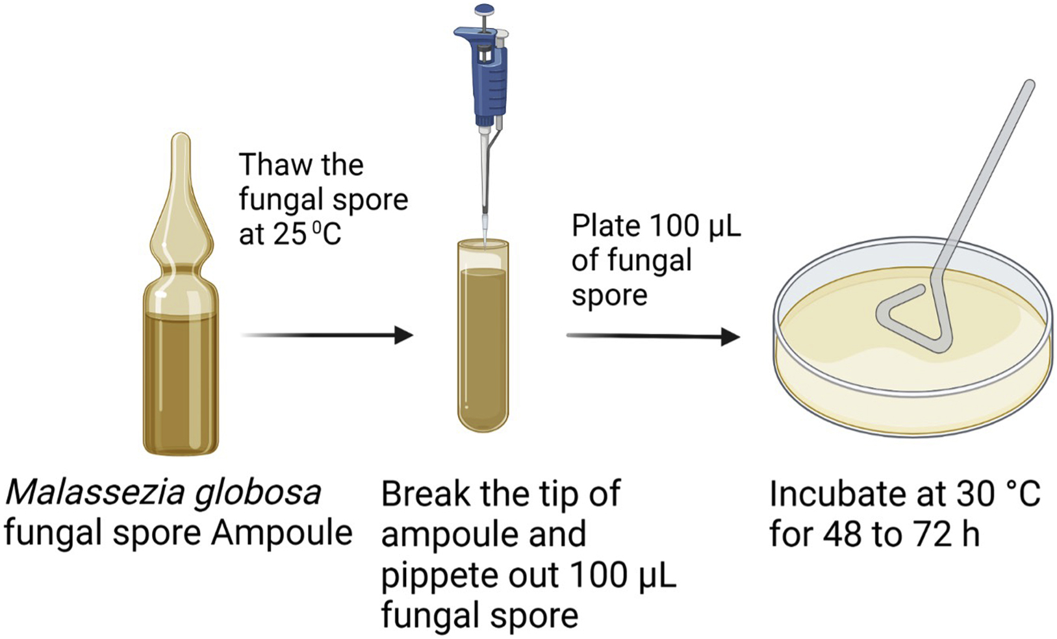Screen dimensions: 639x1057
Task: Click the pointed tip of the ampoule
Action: click(x=181, y=140)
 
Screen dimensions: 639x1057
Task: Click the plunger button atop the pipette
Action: click(x=484, y=10)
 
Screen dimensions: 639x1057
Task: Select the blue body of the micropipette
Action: click(x=489, y=78)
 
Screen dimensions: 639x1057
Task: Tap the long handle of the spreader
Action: click(x=987, y=175)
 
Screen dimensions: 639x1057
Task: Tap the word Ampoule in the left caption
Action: click(x=281, y=533)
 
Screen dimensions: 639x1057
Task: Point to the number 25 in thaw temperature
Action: click(x=290, y=234)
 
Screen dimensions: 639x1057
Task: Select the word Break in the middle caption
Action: click(x=426, y=494)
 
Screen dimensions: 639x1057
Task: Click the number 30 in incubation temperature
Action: click(x=978, y=494)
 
